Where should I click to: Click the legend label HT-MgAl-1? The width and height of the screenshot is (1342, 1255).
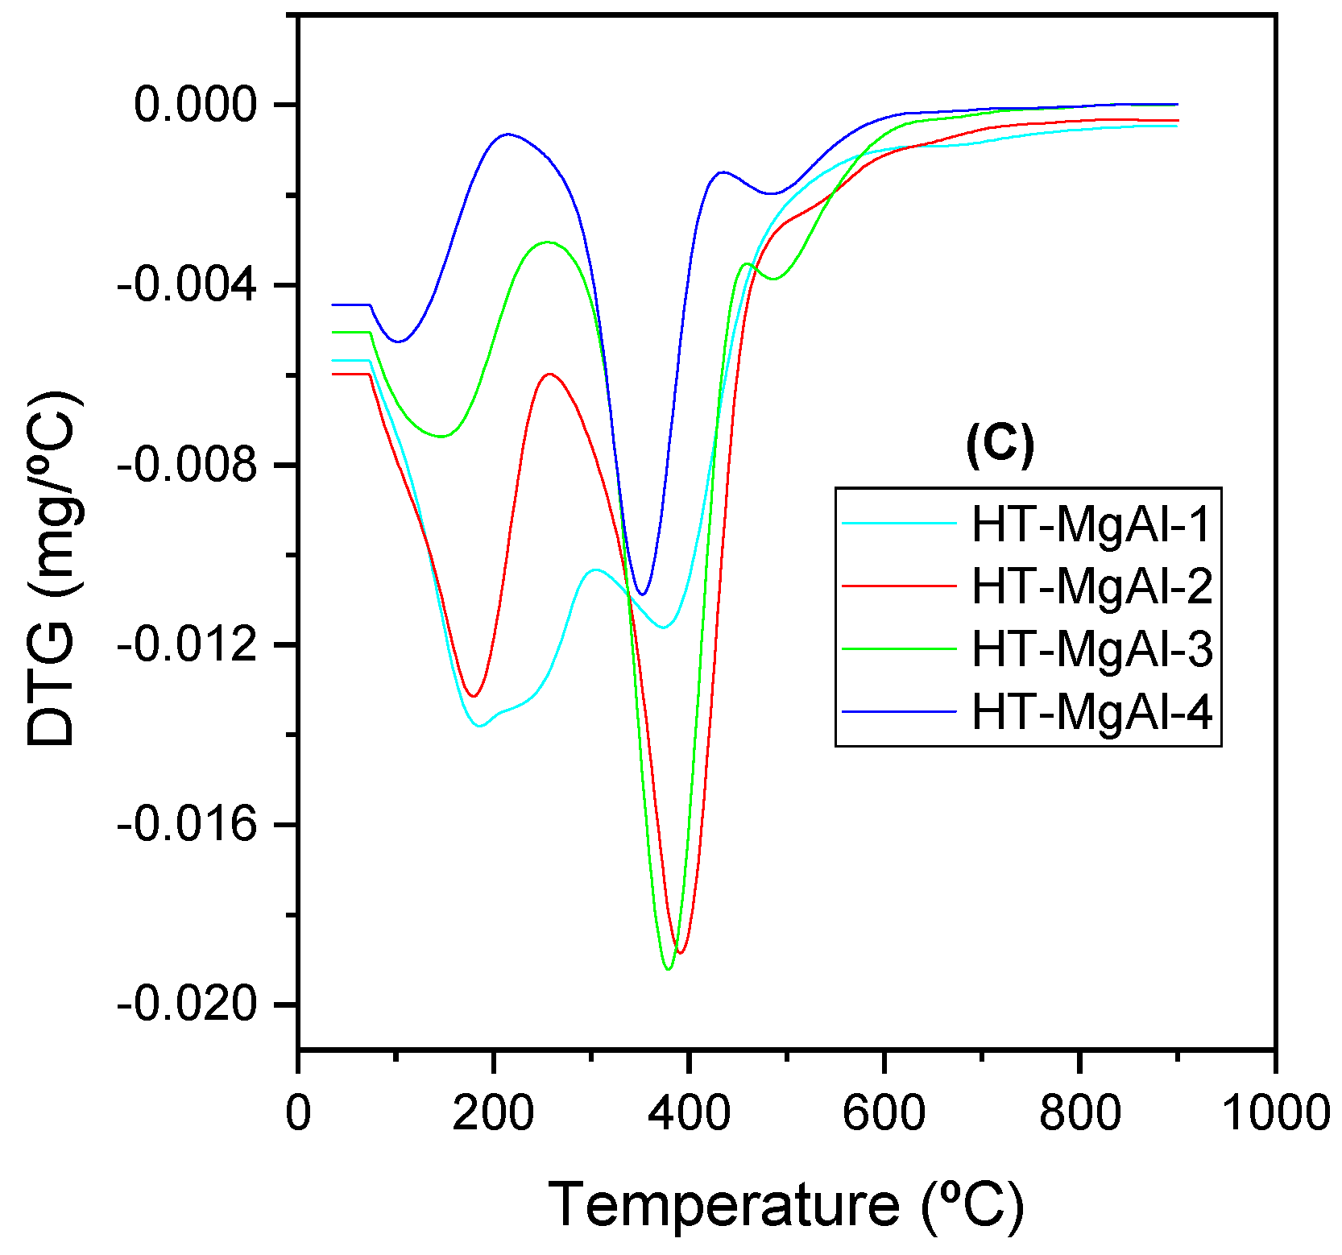pos(1091,524)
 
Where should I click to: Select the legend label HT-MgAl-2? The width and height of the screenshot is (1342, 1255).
pos(1091,586)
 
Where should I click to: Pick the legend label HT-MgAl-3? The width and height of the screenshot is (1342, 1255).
pos(1091,649)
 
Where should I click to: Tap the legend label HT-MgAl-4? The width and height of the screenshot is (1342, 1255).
pos(1091,712)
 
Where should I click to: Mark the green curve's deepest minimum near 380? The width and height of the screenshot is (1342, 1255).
pos(668,969)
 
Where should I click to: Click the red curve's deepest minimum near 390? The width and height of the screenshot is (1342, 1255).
pos(681,953)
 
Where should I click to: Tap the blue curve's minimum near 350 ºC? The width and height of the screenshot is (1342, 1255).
pos(642,594)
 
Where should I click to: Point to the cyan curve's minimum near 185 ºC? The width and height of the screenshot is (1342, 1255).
pos(480,726)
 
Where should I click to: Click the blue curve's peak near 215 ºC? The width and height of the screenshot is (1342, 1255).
pos(507,135)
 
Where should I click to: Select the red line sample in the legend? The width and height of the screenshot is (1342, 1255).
pos(898,586)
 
